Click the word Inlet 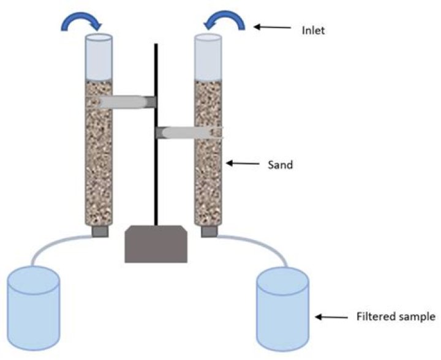[x=313, y=29]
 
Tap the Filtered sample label [x=396, y=317]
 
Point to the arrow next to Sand [x=243, y=163]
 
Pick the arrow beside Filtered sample [x=330, y=317]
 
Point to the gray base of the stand [x=156, y=243]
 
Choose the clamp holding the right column [x=190, y=131]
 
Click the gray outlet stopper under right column [x=208, y=231]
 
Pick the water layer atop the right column [x=208, y=58]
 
